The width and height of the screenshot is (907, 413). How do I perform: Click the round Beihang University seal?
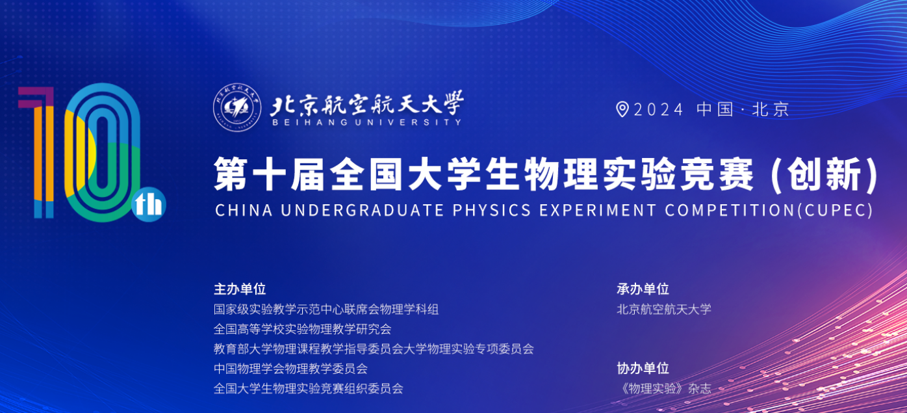point(237,107)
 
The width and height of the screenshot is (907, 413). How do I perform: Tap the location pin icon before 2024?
point(622,109)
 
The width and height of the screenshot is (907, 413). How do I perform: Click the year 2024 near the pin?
point(659,109)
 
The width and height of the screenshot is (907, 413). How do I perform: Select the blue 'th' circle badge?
point(149,204)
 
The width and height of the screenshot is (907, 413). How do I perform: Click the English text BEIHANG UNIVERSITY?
point(367,122)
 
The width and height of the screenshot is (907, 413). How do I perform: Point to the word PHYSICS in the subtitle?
point(492,210)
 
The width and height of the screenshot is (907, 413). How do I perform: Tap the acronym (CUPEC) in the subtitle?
point(836,210)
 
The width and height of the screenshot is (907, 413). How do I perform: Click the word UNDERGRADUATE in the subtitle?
point(363,210)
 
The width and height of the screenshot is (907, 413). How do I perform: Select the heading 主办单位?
point(240,289)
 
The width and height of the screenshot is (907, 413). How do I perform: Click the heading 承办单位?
point(643,289)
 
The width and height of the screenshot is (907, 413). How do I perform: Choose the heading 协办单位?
point(643,368)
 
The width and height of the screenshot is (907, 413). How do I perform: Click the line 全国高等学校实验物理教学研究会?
point(303,329)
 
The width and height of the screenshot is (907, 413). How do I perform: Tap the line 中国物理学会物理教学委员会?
point(290,369)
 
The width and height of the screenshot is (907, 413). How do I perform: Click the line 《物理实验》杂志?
point(664,389)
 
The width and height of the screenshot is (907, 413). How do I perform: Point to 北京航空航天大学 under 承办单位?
point(664,309)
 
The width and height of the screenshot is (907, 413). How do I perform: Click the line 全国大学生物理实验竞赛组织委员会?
point(309,389)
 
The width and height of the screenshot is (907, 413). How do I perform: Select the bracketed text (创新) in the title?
point(824,174)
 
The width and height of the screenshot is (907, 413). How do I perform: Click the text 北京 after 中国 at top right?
point(771,109)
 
